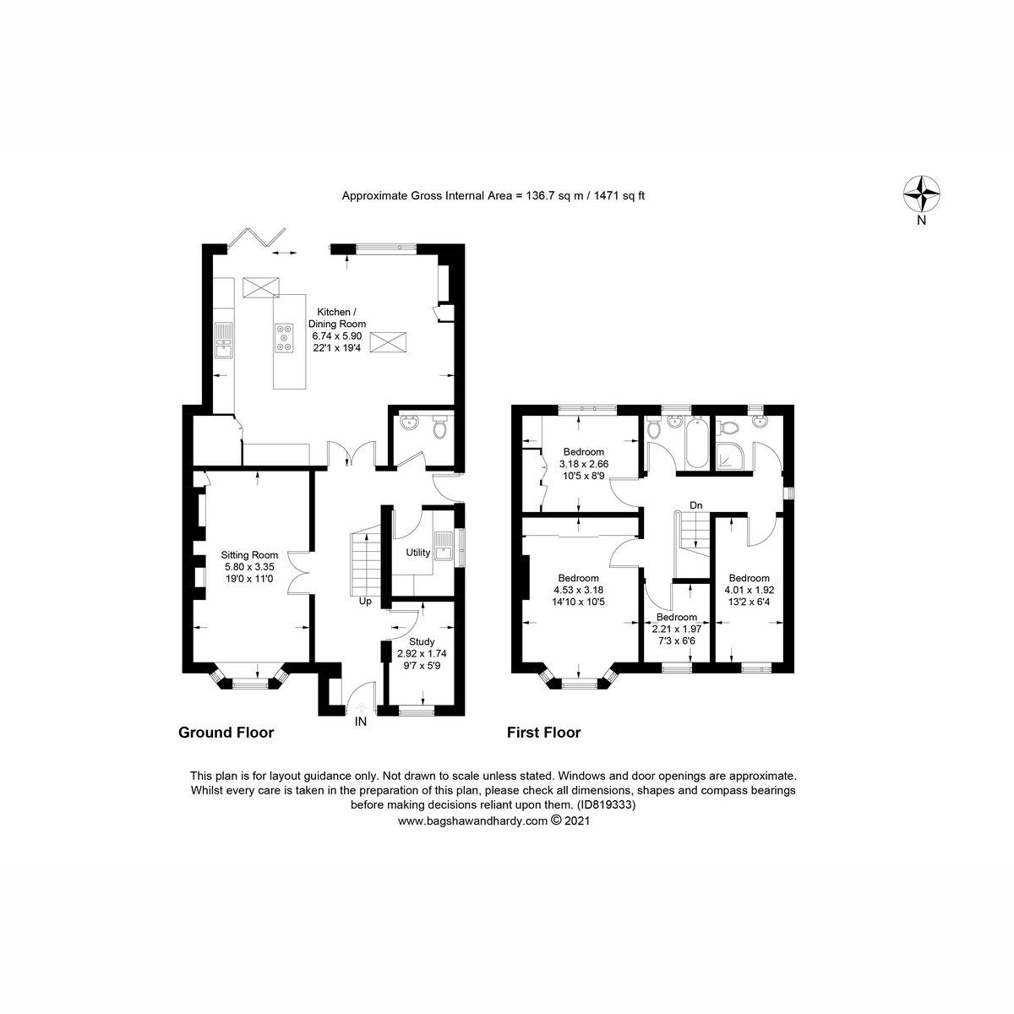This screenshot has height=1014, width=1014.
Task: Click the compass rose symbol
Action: pyautogui.click(x=922, y=194)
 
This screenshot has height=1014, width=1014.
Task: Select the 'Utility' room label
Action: pyautogui.click(x=418, y=553)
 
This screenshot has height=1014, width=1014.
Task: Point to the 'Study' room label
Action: pyautogui.click(x=421, y=641)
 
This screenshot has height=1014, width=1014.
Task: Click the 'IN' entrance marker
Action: pyautogui.click(x=361, y=721)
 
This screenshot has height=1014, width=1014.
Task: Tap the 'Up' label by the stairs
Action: pyautogui.click(x=365, y=602)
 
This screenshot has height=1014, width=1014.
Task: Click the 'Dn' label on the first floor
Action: pyautogui.click(x=696, y=505)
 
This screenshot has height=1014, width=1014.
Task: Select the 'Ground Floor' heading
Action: pyautogui.click(x=226, y=733)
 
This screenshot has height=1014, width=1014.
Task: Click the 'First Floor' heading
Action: pyautogui.click(x=543, y=733)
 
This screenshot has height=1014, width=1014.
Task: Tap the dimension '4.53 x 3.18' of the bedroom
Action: pyautogui.click(x=578, y=590)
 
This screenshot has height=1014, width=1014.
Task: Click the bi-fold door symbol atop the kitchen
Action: pyautogui.click(x=259, y=237)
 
